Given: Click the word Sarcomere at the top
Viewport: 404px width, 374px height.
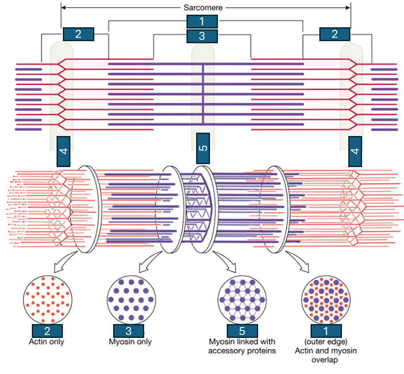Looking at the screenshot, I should (x=203, y=7).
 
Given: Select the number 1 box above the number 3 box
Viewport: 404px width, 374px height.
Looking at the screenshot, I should (x=202, y=21).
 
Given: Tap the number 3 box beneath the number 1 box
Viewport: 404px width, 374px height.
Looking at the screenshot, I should (x=202, y=36).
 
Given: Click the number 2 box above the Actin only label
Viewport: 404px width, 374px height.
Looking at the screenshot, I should (x=47, y=331).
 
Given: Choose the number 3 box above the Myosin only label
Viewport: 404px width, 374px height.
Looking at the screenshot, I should (x=129, y=331).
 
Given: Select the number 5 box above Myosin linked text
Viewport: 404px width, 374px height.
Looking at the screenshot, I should (x=242, y=331).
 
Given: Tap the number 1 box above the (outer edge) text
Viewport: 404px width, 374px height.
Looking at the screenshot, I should (x=326, y=331).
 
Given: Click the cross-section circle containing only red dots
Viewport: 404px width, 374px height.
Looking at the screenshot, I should (x=47, y=299).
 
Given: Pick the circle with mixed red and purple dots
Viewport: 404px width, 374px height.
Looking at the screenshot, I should (x=326, y=299).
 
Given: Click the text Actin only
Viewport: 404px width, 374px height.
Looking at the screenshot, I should (x=47, y=342).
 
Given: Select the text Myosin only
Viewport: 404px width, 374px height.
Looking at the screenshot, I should (x=130, y=342).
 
